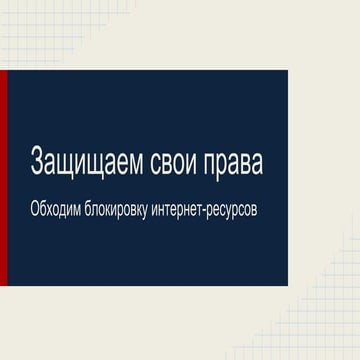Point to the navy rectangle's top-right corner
(287, 71)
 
